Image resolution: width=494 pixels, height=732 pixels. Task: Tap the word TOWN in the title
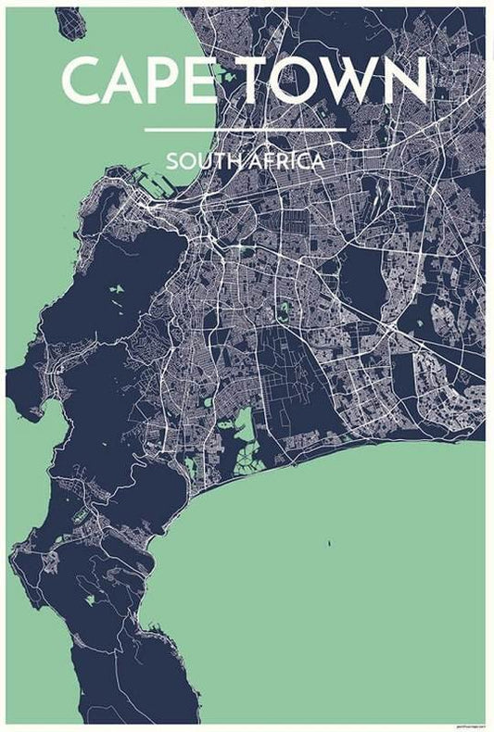pos(335,81)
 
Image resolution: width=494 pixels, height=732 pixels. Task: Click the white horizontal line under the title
pos(246,130)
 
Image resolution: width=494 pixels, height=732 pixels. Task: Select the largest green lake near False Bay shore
pos(244,426)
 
